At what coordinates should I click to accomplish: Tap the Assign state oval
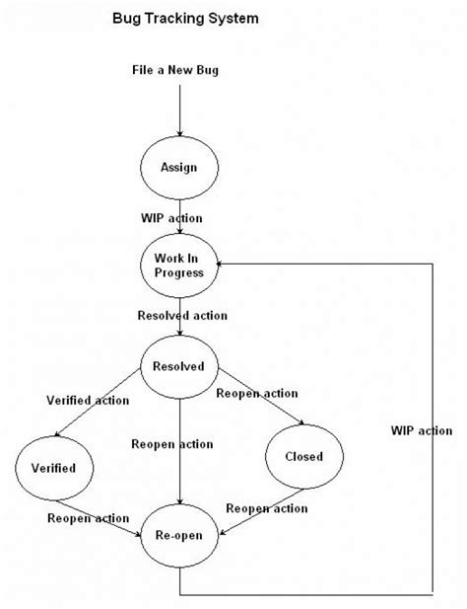(x=178, y=167)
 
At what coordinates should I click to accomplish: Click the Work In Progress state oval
(x=178, y=265)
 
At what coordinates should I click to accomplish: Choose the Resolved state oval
(x=178, y=367)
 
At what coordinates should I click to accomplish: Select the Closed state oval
(x=303, y=457)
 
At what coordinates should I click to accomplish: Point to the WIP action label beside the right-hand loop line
(x=422, y=430)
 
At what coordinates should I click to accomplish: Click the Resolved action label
(x=182, y=316)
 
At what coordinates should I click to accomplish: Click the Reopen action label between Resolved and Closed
(x=258, y=394)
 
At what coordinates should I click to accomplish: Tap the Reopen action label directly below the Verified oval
(x=89, y=517)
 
